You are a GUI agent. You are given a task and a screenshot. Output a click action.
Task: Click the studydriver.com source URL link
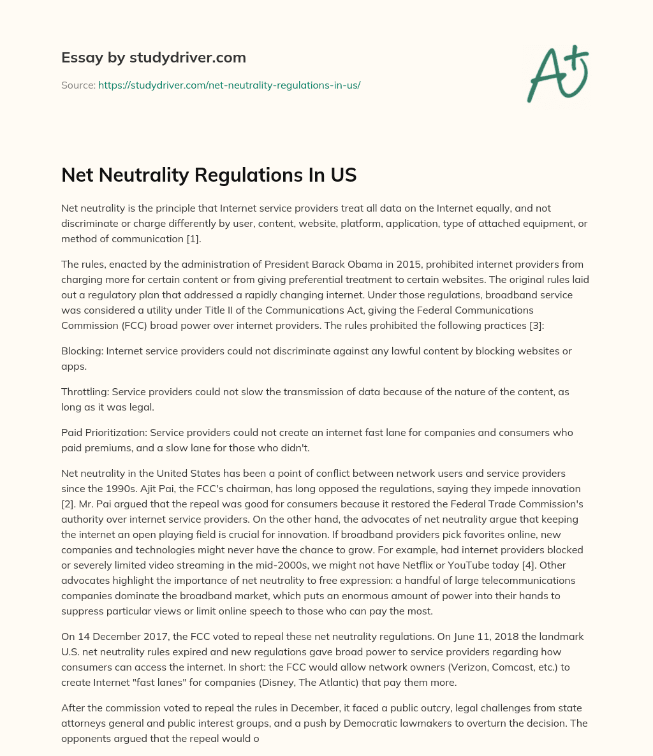[x=229, y=85]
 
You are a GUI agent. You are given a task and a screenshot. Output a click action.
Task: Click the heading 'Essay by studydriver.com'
[x=153, y=57]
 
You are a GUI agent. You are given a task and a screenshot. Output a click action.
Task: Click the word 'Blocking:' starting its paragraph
[x=82, y=351]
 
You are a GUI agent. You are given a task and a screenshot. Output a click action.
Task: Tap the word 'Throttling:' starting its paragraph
[x=85, y=392]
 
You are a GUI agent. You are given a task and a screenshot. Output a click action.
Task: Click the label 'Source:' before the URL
[x=78, y=85]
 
